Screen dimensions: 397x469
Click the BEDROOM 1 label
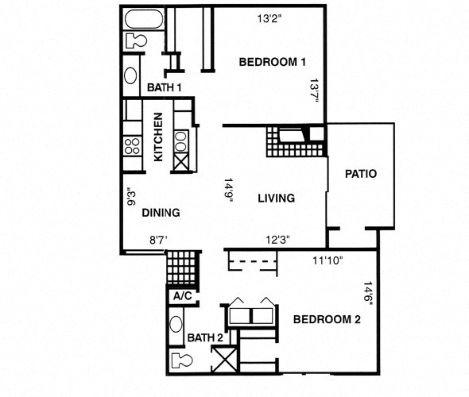point(273,62)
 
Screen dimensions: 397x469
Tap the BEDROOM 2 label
point(328,320)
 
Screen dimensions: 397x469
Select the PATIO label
point(361,174)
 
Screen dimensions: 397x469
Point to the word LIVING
point(276,198)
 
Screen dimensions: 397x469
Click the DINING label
point(161,213)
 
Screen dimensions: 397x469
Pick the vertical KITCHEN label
point(158,137)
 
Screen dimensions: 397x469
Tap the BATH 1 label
point(165,87)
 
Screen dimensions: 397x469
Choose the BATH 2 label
point(205,338)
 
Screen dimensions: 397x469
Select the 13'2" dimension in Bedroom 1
point(270,17)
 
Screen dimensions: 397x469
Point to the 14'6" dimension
point(367,294)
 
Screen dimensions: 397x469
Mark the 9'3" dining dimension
point(132,197)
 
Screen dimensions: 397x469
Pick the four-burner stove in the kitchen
point(131,146)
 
